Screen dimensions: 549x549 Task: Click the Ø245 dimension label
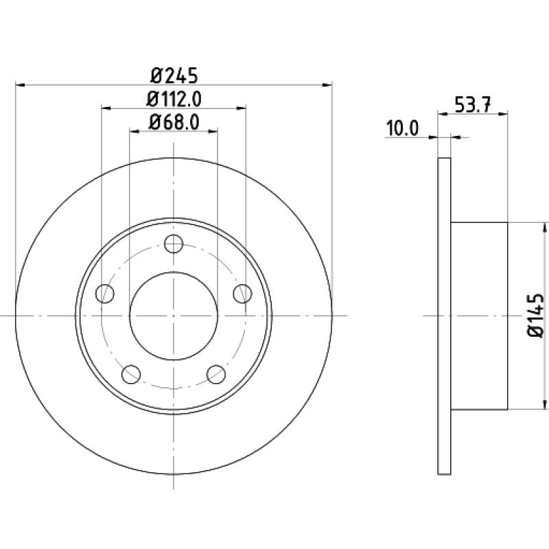174,75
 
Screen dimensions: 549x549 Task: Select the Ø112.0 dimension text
174,100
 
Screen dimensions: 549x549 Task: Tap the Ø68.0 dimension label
174,123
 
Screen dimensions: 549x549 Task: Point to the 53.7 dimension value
473,105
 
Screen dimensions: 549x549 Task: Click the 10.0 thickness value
402,128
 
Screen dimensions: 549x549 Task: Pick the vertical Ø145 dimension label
535,316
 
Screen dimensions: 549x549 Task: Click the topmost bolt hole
174,244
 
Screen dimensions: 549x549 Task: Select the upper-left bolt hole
105,294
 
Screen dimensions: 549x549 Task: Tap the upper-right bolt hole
243,294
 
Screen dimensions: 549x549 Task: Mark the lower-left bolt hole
131,374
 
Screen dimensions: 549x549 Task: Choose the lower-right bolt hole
216,374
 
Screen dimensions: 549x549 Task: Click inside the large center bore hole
174,316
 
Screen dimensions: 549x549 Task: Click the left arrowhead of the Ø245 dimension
21,84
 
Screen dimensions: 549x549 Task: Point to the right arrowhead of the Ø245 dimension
327,84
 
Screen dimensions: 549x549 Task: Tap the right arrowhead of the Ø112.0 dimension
242,108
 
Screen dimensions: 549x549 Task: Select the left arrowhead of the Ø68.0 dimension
135,131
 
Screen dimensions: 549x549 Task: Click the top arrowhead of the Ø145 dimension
544,227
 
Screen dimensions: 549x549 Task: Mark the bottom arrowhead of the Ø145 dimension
544,404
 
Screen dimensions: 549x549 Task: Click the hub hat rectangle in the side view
479,316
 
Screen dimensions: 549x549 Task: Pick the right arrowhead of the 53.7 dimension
503,113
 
